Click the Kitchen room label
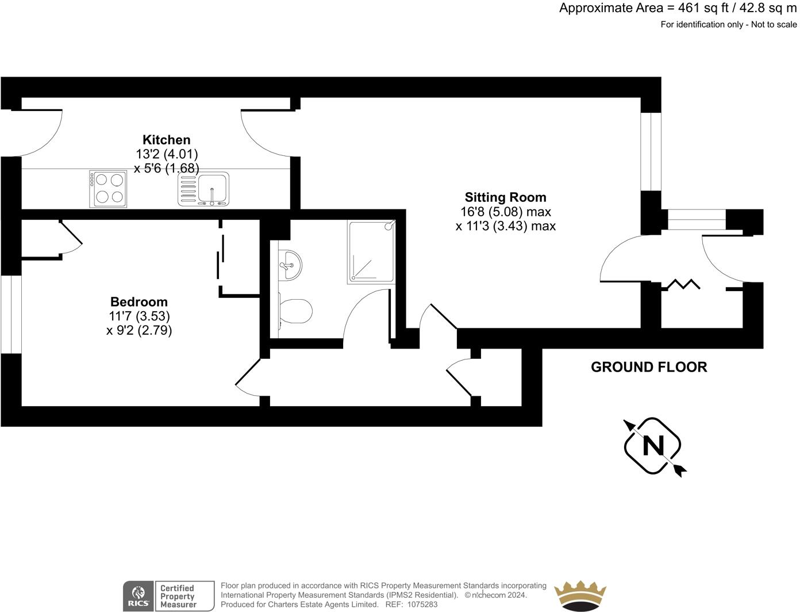(x=166, y=140)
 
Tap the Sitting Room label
(x=505, y=197)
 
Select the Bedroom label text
(x=139, y=302)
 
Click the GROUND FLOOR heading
(x=649, y=367)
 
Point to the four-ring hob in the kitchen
(x=108, y=189)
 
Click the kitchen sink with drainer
(x=203, y=189)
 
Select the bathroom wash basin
(x=290, y=265)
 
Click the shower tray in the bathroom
(x=371, y=251)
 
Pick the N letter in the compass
(x=653, y=446)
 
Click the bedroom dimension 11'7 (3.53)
(x=139, y=316)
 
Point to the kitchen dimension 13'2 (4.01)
(x=167, y=154)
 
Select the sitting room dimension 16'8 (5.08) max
(x=506, y=212)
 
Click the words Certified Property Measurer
(x=178, y=596)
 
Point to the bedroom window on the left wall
(x=11, y=315)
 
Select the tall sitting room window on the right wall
(x=651, y=152)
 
